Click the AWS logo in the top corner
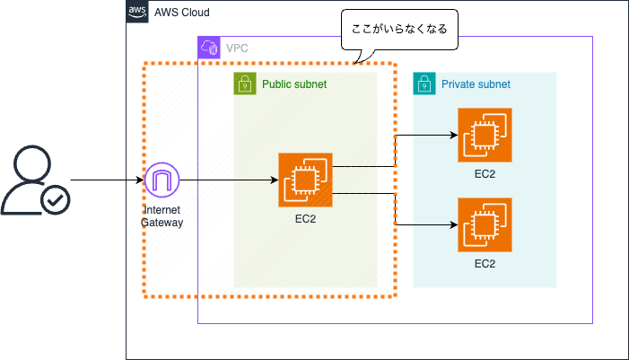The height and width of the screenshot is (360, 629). coord(137,12)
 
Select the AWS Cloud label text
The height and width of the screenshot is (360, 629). coord(184,13)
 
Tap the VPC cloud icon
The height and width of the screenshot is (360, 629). coord(209,48)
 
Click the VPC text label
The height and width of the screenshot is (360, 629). coord(237,48)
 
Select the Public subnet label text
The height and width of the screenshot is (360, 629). coord(293,84)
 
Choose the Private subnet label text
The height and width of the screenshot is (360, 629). coord(476,84)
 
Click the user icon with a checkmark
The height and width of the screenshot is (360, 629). coord(33,182)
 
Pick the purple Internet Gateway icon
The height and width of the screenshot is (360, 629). coord(162,180)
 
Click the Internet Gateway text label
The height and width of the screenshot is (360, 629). coord(162,215)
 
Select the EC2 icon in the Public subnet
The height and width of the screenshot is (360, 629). coord(305,180)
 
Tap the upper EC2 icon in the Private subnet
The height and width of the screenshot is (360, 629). coord(485,136)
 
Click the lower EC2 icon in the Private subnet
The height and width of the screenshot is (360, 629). coord(485,225)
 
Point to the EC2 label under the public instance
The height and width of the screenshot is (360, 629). coord(305,218)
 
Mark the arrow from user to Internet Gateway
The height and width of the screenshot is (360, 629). coord(106,180)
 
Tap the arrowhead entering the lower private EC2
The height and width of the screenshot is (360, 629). coord(451,225)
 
